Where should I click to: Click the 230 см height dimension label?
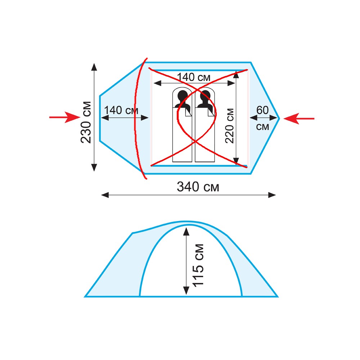(x=86, y=122)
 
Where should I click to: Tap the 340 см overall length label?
(x=198, y=186)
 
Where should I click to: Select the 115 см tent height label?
(x=198, y=265)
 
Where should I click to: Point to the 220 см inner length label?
(x=229, y=126)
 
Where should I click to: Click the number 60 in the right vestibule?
(x=262, y=110)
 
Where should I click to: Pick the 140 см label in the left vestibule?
(x=121, y=110)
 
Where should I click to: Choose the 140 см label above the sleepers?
(x=194, y=77)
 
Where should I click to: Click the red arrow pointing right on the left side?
(x=64, y=117)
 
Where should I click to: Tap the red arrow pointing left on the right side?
(x=299, y=118)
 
